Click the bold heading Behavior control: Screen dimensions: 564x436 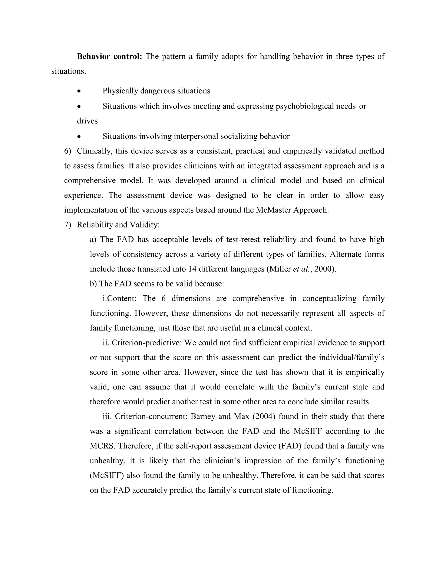[109, 56]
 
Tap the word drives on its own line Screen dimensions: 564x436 [87, 121]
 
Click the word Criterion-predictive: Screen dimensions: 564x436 [147, 343]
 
